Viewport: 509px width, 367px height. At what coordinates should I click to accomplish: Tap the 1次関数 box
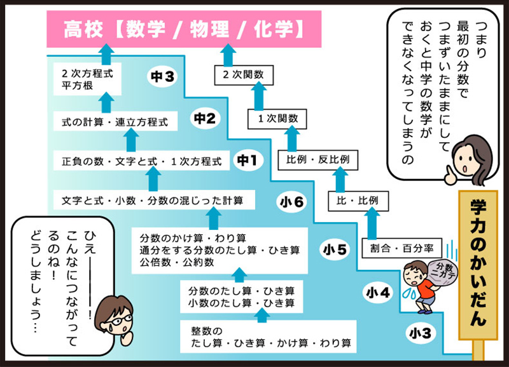tap(277, 117)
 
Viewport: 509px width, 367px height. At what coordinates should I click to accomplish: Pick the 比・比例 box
tap(358, 201)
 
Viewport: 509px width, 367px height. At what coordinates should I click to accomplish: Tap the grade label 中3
tap(162, 77)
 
